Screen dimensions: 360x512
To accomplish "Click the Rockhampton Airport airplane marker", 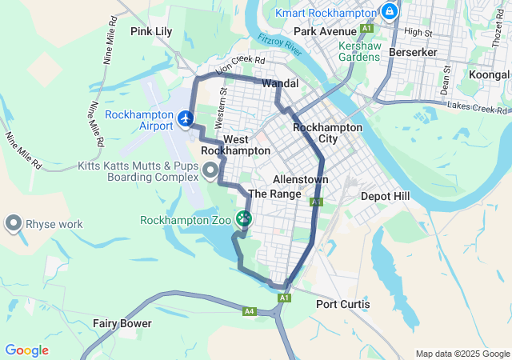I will [186, 119].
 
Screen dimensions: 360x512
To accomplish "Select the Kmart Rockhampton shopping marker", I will [390, 11].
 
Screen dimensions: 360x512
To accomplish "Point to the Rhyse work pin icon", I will [14, 223].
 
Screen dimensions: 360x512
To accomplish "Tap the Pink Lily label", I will [152, 31].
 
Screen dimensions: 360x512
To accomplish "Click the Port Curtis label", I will [343, 304].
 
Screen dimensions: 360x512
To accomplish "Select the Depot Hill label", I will [385, 196].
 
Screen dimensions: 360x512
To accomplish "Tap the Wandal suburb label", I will [280, 83].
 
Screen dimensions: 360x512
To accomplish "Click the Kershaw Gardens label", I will [358, 51].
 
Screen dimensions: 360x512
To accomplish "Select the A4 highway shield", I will [250, 310].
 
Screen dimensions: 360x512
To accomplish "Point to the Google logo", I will [26, 350].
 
